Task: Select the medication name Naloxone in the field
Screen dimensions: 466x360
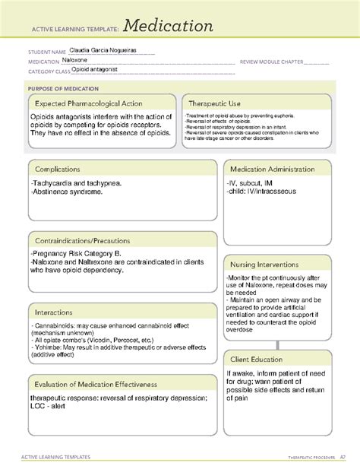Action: coord(77,62)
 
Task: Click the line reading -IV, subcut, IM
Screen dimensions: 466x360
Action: coord(253,183)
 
